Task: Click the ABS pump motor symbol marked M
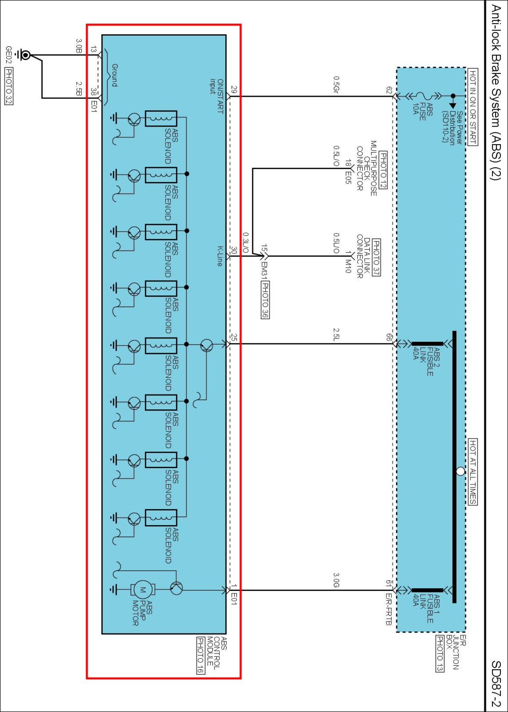pos(143,590)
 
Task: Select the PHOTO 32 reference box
pos(9,87)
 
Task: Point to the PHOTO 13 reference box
pos(440,653)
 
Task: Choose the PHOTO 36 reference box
pos(265,299)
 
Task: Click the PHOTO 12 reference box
pos(383,170)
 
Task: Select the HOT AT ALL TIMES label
pos(473,471)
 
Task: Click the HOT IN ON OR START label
pos(473,107)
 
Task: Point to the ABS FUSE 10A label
pos(422,109)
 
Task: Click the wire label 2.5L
pos(336,335)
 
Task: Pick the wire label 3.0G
pos(336,580)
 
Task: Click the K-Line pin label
pos(220,256)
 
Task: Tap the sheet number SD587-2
pos(496,684)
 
